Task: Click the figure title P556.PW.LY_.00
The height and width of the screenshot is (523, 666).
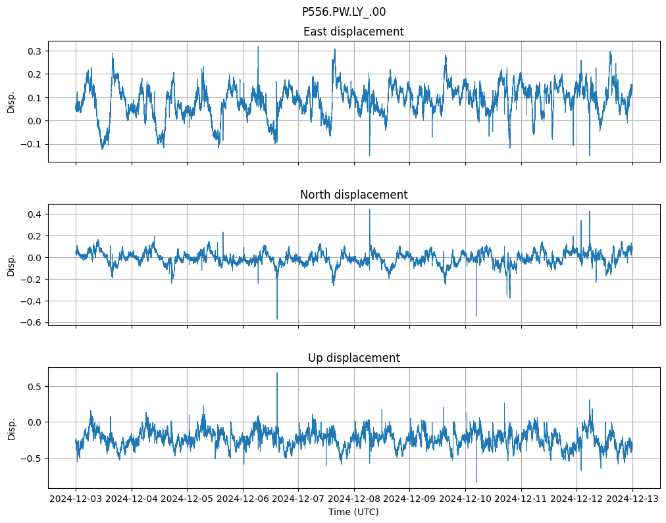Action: pos(344,12)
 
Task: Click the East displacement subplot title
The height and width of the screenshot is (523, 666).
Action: pos(353,32)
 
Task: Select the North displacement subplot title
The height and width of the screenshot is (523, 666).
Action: pos(353,195)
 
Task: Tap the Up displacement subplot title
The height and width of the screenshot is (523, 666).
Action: pos(353,358)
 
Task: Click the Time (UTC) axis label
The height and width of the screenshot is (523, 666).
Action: pos(353,512)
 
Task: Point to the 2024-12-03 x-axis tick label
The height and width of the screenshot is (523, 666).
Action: pos(76,499)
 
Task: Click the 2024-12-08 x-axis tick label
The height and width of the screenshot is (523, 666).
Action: pos(354,499)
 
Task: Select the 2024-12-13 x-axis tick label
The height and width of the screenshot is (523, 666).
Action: pos(632,499)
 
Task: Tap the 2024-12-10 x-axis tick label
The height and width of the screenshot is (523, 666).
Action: pos(465,499)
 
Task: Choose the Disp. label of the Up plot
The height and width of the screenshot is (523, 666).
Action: pos(11,428)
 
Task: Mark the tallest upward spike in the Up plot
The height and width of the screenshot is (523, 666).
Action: pos(277,373)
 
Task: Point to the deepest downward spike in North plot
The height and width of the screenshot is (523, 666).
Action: pos(277,319)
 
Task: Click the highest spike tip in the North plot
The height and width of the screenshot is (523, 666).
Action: pos(369,210)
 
